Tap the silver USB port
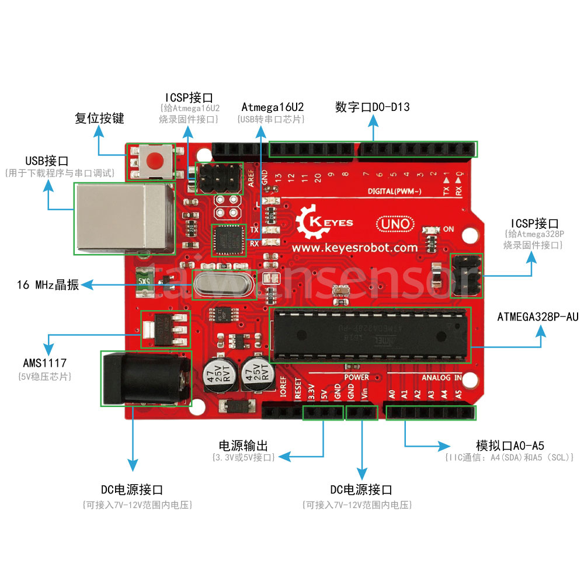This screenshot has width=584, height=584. point(123,218)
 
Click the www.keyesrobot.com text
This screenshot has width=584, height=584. point(354,248)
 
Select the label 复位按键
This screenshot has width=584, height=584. point(99,119)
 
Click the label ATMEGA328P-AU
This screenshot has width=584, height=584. point(537,318)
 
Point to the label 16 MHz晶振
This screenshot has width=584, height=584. point(48,286)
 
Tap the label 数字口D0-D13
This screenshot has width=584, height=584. point(373,107)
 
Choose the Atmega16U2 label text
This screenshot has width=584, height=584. point(272,107)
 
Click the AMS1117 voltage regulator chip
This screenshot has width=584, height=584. point(166,329)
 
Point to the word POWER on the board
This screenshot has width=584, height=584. point(356,377)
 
